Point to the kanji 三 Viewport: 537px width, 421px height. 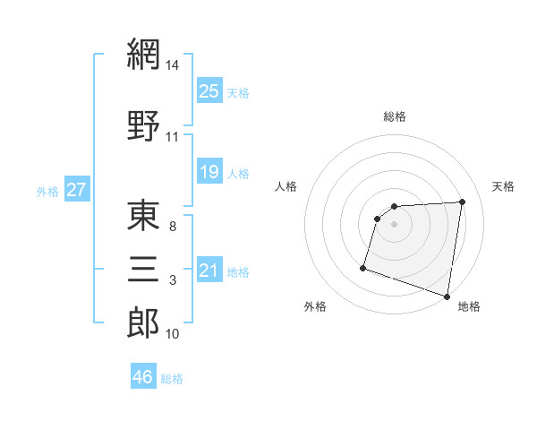143,267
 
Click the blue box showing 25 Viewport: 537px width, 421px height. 209,91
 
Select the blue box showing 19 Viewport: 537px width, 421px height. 209,171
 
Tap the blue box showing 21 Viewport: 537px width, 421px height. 209,271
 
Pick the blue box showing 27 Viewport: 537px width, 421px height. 77,191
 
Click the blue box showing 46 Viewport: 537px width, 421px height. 143,377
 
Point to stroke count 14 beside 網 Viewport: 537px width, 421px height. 173,64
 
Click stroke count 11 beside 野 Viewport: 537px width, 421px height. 173,136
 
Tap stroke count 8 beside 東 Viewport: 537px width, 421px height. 173,227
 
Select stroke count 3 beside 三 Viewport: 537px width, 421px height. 173,280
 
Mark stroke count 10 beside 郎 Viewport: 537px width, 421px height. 173,334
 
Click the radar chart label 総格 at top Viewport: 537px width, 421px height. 394,116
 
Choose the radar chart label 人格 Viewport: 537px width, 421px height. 286,186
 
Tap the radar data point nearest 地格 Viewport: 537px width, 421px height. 447,296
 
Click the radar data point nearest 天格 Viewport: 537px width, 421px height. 462,202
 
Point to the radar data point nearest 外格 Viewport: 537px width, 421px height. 363,267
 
